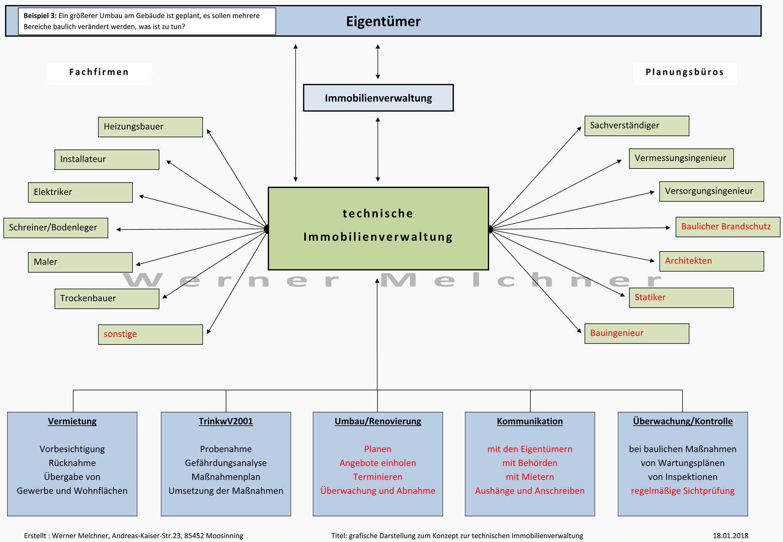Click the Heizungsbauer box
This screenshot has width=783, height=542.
point(150,127)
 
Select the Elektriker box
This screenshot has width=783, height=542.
point(80,192)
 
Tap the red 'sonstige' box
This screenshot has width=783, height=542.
point(150,334)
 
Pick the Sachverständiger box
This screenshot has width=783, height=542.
point(637,126)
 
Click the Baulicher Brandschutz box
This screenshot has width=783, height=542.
point(728,227)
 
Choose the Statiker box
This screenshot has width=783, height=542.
point(681,298)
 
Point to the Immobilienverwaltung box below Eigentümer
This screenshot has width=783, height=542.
point(378,98)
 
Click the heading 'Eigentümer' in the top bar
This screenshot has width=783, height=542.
point(383,21)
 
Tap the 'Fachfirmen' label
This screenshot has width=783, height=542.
point(99,72)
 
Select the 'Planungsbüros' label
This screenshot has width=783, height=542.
point(685,72)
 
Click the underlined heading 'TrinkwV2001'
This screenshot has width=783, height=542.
point(226,421)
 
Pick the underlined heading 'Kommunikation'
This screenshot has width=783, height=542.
point(530,421)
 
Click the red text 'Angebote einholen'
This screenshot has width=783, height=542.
point(378,463)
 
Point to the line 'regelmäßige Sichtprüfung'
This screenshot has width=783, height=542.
point(682,491)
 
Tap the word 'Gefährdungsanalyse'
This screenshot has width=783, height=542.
point(226,463)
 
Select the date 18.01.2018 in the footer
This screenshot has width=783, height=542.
point(730,536)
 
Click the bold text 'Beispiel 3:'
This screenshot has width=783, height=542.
point(40,16)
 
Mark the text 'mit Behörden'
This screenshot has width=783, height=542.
point(530,463)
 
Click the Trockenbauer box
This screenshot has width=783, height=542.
point(107,299)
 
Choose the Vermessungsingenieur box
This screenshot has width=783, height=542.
point(681,158)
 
